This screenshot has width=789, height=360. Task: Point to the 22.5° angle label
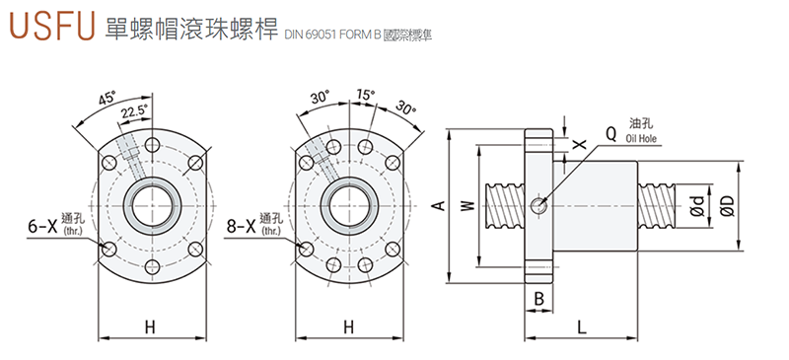pos(135,111)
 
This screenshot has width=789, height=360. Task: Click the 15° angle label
pos(366,96)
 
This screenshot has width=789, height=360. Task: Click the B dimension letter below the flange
pos(539,297)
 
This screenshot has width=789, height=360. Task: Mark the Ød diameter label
pos(696,206)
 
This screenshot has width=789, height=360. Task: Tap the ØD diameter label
pos(727,206)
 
